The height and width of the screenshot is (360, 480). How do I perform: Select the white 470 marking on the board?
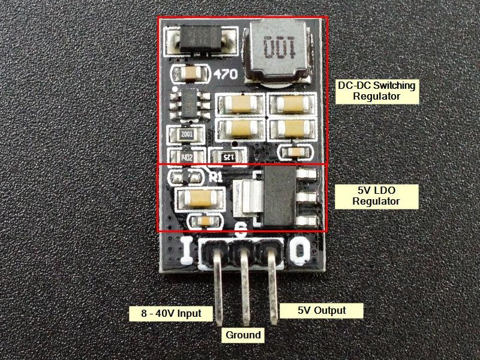point(226,74)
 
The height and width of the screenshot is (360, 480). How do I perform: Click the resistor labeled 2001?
point(183,135)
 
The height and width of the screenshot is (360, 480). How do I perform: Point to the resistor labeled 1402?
point(183,158)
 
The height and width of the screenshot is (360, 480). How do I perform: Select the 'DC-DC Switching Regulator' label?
point(376,91)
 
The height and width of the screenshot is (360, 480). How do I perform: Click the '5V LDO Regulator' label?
point(376,196)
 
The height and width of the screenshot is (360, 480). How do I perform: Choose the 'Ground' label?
point(243,334)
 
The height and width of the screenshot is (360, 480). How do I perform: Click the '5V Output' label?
point(322,310)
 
